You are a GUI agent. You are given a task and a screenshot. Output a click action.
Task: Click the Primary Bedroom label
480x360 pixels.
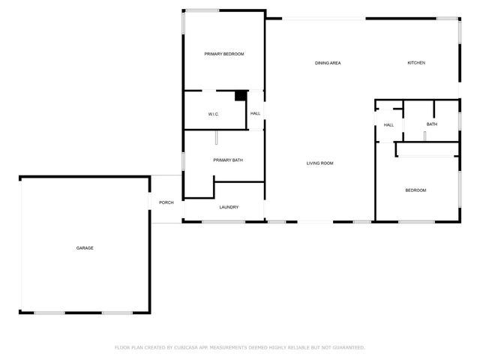(225, 54)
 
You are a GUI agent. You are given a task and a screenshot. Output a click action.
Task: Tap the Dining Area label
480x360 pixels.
(328, 63)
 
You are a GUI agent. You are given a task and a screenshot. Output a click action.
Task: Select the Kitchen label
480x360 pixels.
(416, 63)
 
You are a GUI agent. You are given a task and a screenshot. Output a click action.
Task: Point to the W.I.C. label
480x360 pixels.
(213, 114)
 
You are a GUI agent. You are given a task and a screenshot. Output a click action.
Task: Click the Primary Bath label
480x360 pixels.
(227, 160)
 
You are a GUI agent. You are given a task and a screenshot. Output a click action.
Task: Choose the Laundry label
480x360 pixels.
(229, 207)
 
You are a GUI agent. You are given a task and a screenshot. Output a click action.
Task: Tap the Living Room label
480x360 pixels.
(319, 163)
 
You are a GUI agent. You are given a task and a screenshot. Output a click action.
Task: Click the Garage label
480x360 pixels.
(84, 247)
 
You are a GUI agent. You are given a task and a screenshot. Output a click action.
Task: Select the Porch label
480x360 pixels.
(166, 202)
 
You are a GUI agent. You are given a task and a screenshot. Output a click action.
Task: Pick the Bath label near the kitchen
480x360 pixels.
(432, 124)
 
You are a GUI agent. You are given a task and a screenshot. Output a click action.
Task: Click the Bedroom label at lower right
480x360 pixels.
(415, 190)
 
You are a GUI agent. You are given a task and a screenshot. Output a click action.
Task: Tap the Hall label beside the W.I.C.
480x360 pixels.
(255, 113)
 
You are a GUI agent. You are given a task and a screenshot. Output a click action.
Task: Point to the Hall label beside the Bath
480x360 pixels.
(388, 125)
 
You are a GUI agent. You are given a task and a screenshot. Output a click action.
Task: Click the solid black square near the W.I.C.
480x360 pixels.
(241, 95)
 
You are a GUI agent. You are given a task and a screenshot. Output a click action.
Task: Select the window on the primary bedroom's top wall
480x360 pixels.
(202, 10)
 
